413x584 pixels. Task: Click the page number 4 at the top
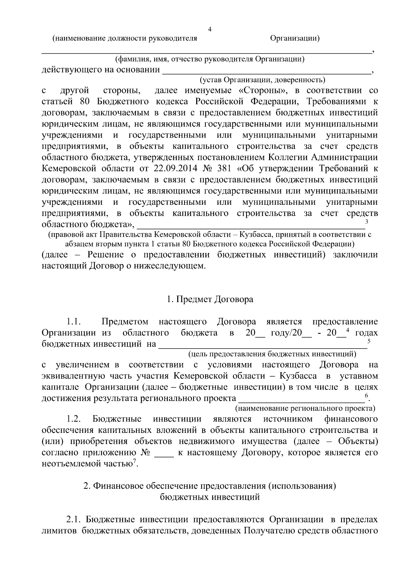(x=210, y=30)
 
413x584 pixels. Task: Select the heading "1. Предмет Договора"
(x=210, y=299)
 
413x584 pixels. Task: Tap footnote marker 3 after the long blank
(x=367, y=222)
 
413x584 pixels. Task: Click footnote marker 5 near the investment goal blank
(x=369, y=341)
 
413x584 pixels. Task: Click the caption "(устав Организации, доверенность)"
(x=262, y=80)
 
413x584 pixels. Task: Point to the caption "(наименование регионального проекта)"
(x=305, y=408)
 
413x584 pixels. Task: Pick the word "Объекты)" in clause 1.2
(x=358, y=442)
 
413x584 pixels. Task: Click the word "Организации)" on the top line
(x=295, y=38)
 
